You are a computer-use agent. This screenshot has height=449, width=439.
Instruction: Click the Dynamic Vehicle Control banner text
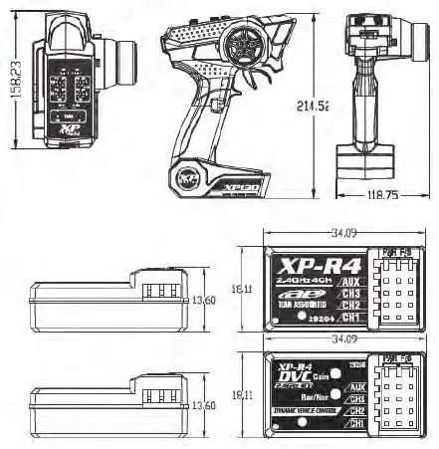[x=303, y=410]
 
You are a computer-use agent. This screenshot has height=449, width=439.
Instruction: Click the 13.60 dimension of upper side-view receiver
[x=205, y=299]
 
